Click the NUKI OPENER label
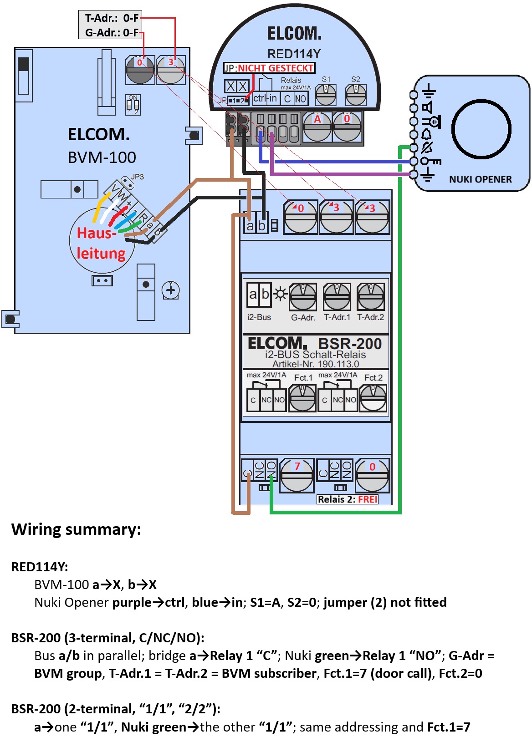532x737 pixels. (x=480, y=179)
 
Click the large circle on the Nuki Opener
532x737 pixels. (x=481, y=129)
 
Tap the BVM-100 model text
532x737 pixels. (x=102, y=158)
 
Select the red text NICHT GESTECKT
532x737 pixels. (x=275, y=68)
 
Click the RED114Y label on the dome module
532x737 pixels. (x=294, y=54)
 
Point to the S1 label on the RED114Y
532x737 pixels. (x=326, y=79)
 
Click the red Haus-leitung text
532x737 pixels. (x=101, y=243)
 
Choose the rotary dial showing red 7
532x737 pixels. (x=297, y=475)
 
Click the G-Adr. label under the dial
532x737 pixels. (x=303, y=317)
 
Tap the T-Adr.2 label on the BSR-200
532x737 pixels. (x=370, y=317)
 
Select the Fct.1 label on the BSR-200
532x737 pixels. (x=303, y=377)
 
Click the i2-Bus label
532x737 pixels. (x=259, y=317)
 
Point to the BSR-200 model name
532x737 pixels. (x=350, y=344)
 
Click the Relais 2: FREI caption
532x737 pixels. (x=348, y=499)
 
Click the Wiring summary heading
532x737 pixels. (x=76, y=529)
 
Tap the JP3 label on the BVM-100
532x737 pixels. (x=137, y=177)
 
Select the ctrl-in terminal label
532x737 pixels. (x=265, y=98)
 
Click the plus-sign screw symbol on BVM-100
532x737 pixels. (x=171, y=290)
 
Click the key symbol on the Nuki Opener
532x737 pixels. (x=430, y=161)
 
